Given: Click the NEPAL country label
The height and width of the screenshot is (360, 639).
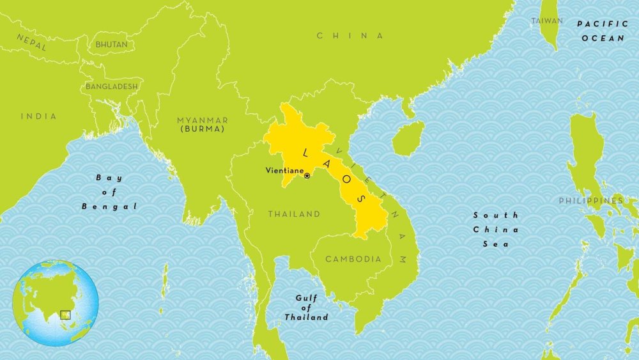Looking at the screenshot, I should pos(31,42).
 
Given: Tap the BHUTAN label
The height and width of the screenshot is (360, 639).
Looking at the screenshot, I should pos(111,45).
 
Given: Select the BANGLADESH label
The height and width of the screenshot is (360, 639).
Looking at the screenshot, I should pos(112,86).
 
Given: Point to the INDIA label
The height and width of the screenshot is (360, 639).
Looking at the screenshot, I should pos(38,116).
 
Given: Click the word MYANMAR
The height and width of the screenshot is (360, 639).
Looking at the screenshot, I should pos(202,120).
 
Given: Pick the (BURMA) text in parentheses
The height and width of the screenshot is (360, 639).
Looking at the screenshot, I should pos(202,129).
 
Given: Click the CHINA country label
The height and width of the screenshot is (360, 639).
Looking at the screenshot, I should pos(350,36).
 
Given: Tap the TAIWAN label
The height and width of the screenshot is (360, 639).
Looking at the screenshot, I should pos(548,21).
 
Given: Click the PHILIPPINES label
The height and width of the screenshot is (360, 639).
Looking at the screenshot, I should pos(590,201).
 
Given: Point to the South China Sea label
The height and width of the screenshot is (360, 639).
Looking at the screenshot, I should pos(496,230).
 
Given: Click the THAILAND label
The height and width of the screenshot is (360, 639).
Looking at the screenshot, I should pos(294,214).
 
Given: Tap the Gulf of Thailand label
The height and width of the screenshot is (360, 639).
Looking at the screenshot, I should pos(307,308).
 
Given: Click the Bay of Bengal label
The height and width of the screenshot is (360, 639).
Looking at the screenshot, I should pos(109,192).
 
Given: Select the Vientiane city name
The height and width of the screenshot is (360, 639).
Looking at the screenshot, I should pos(284,171).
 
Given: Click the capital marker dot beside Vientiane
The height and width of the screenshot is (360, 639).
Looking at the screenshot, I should pos(307,176).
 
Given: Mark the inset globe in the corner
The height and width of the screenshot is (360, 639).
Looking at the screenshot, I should pos(56,303).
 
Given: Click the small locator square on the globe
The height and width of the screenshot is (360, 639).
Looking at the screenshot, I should pos(65,314).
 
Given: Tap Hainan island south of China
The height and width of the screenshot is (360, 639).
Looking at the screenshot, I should pos(408,138).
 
